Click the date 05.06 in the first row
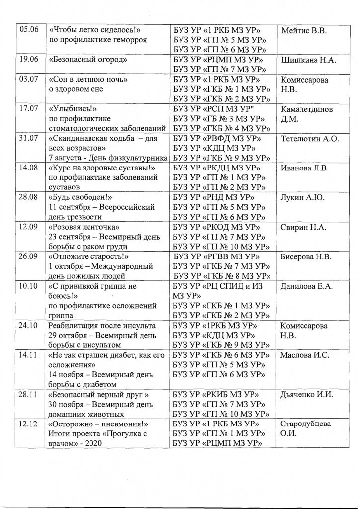coord(28,30)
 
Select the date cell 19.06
coord(28,60)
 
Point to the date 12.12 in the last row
coord(28,424)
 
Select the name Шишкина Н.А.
coord(308,60)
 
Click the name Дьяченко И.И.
coord(307,395)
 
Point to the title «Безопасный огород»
coord(88,60)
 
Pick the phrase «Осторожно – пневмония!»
coord(99,424)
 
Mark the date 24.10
coord(28,326)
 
